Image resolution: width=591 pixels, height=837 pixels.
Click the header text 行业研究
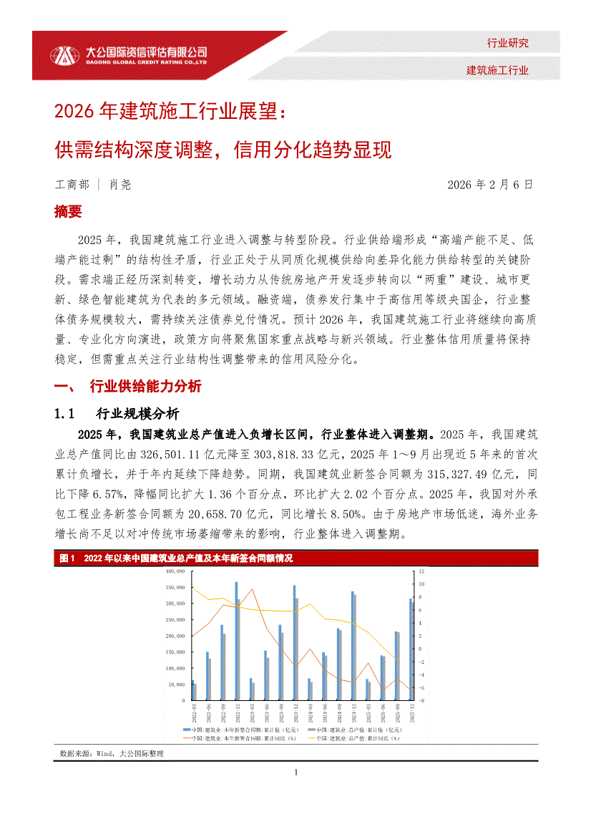click(507, 43)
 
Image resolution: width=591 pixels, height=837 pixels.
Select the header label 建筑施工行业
click(497, 70)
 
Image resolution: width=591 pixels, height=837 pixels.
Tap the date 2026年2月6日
click(490, 185)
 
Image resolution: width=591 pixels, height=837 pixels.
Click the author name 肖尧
click(119, 185)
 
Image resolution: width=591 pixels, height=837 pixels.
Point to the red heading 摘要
click(68, 212)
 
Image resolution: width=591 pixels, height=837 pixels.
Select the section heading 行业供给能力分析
click(145, 387)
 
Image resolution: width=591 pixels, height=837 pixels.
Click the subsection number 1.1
click(65, 414)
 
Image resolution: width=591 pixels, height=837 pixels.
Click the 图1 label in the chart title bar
click(68, 558)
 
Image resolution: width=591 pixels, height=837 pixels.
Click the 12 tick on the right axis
click(421, 571)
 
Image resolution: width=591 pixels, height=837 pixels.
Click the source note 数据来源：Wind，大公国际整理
click(112, 754)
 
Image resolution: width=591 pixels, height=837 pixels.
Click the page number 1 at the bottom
click(295, 773)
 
